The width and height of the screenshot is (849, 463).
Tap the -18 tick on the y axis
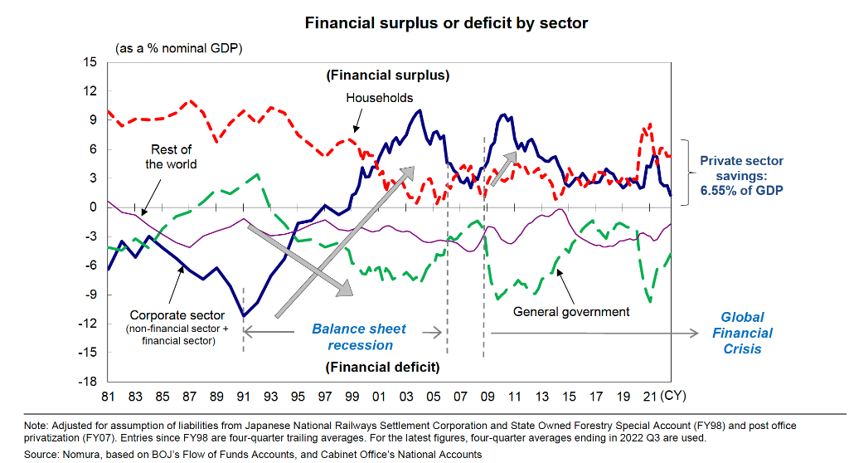[x=86, y=382]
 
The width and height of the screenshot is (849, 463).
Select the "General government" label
[x=571, y=312]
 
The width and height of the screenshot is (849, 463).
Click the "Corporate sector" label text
[x=177, y=315]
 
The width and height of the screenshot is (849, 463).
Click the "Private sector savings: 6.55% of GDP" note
[x=741, y=175]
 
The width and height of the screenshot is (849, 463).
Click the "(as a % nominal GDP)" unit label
[x=178, y=49]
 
